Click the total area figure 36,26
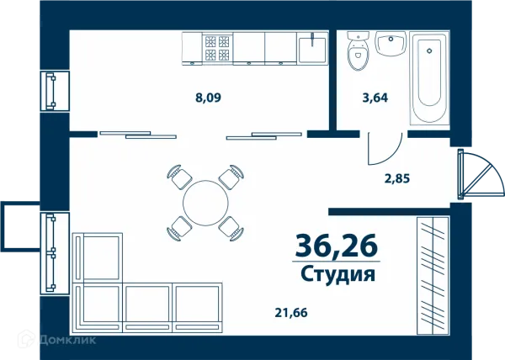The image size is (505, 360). pyautogui.click(x=336, y=246)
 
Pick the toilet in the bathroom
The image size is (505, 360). pyautogui.click(x=358, y=52)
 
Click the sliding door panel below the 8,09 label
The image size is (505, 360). pyautogui.click(x=139, y=133)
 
